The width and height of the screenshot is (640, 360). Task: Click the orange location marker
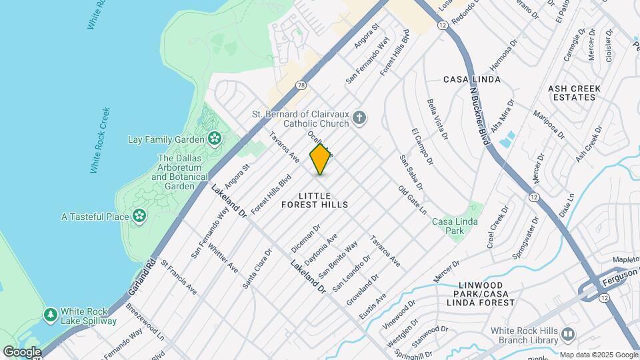(x=321, y=159)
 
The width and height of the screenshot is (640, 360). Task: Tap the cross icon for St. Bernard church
(x=359, y=119)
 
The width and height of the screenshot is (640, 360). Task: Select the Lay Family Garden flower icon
(x=215, y=139)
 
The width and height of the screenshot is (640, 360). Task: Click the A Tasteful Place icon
(x=139, y=216)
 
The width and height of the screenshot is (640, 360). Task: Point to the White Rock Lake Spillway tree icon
(x=51, y=314)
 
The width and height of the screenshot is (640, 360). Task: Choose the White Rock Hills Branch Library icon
(x=567, y=333)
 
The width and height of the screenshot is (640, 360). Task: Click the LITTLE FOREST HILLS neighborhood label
(x=323, y=200)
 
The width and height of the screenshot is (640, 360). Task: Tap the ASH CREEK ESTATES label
(x=574, y=93)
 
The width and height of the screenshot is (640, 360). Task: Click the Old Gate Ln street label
(x=413, y=200)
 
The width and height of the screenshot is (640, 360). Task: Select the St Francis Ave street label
(x=178, y=278)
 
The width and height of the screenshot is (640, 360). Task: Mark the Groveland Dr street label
(x=362, y=291)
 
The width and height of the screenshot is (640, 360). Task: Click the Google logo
(x=21, y=351)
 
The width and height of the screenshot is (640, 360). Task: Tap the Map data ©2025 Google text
(x=599, y=355)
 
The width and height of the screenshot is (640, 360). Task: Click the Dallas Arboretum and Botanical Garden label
(x=176, y=172)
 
